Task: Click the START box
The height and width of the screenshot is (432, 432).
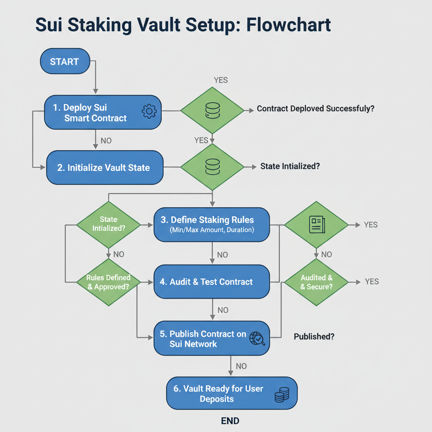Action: [x=65, y=62]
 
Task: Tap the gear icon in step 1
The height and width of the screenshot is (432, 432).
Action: [x=149, y=111]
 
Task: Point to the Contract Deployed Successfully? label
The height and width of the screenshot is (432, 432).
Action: [x=316, y=109]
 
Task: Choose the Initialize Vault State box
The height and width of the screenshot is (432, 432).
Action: [x=104, y=167]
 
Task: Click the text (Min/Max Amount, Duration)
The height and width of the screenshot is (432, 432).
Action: [x=212, y=230]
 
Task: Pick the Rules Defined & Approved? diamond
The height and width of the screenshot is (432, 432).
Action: [x=108, y=282]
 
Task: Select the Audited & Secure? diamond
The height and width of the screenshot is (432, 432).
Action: [x=316, y=282]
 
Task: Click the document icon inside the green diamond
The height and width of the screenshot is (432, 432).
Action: [x=316, y=224]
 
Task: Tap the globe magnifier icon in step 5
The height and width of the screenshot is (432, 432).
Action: [x=257, y=339]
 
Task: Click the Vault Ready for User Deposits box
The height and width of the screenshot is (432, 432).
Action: [x=232, y=394]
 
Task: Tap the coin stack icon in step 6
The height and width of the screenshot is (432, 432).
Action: [x=281, y=395]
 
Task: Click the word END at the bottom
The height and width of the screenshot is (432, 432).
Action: [x=230, y=421]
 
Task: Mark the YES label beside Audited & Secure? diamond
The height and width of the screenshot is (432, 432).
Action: [x=372, y=281]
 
